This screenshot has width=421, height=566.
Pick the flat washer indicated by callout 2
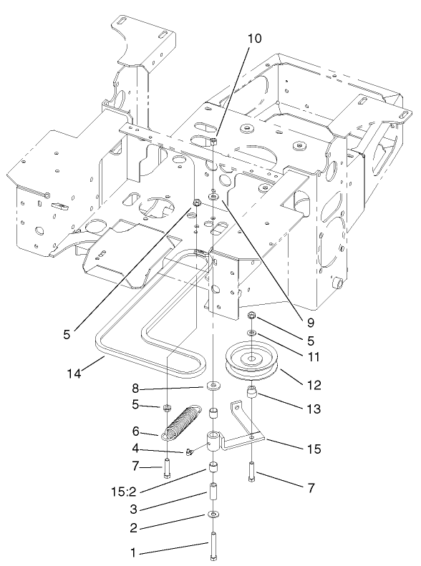click(213, 515)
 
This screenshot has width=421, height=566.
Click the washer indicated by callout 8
click(213, 387)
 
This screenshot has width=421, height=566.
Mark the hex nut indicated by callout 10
click(214, 144)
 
